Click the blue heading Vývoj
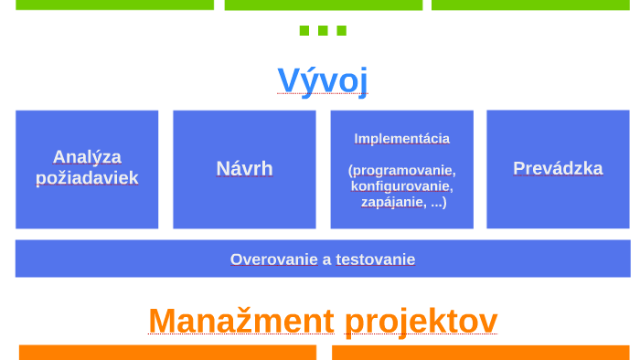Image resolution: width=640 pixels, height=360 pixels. pyautogui.click(x=323, y=80)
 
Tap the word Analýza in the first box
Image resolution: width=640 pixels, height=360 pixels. pyautogui.click(x=87, y=157)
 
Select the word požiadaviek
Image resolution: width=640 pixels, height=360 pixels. pyautogui.click(x=87, y=178)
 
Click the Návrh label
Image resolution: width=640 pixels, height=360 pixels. pyautogui.click(x=244, y=169)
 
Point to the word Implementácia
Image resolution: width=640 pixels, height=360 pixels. pyautogui.click(x=401, y=139)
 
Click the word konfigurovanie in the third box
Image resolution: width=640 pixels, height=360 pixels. pyautogui.click(x=401, y=185)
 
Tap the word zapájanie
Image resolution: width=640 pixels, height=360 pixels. pyautogui.click(x=393, y=202)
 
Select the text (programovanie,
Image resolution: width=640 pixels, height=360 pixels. pyautogui.click(x=401, y=170)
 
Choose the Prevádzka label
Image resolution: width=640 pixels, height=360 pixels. pyautogui.click(x=558, y=168)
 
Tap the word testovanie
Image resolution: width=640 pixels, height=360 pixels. pyautogui.click(x=375, y=259)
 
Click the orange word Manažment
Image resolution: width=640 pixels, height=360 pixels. pyautogui.click(x=241, y=321)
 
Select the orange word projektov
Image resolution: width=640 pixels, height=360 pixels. pyautogui.click(x=421, y=321)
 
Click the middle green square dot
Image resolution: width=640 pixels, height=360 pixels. pyautogui.click(x=323, y=30)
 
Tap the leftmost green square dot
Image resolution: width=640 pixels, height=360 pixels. pyautogui.click(x=304, y=30)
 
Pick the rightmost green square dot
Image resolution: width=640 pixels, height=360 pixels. pyautogui.click(x=341, y=30)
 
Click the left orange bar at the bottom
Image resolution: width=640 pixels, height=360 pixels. pyautogui.click(x=167, y=352)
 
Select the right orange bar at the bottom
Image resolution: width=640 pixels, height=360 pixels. pyautogui.click(x=480, y=352)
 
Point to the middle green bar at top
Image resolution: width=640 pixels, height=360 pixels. pyautogui.click(x=323, y=5)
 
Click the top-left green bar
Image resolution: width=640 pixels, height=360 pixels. pyautogui.click(x=114, y=5)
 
